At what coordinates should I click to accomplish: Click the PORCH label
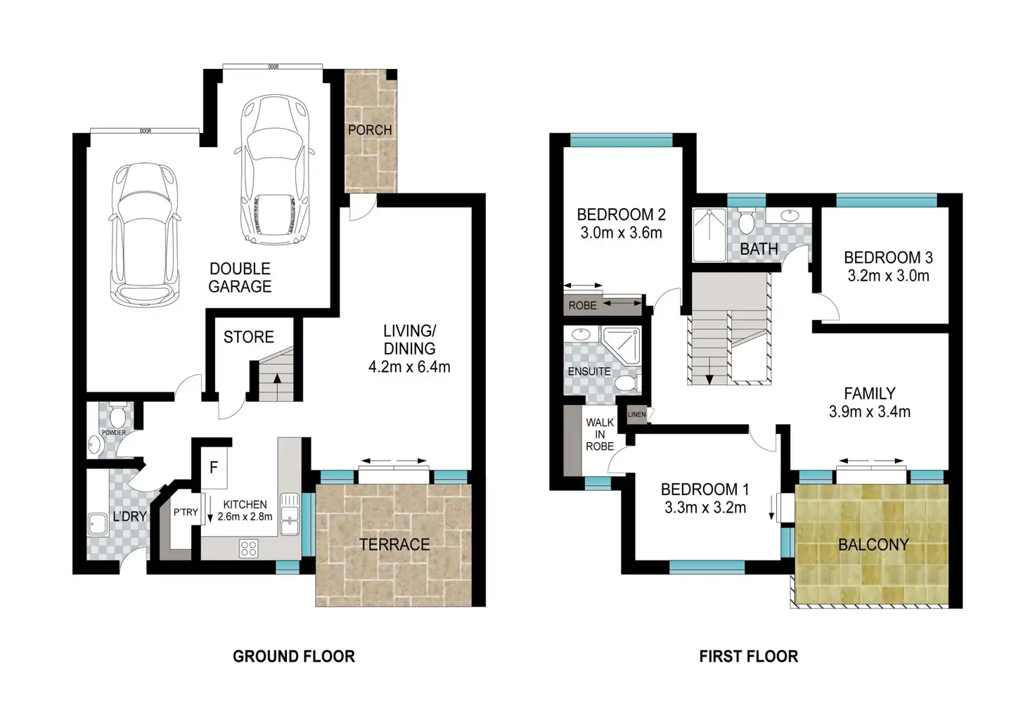tap(370, 130)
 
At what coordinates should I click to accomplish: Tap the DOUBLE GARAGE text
tap(240, 278)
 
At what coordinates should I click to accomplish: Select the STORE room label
tap(248, 338)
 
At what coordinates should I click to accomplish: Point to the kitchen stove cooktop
tap(249, 548)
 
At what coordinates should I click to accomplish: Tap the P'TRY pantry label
tap(186, 512)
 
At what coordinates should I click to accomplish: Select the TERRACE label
tap(394, 544)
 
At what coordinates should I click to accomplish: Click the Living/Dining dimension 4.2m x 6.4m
tap(409, 366)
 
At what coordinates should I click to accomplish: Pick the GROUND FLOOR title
tap(294, 657)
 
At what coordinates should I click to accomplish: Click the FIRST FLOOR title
tap(748, 657)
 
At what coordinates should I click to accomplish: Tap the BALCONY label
tap(873, 544)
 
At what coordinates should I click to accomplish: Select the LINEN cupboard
tap(636, 415)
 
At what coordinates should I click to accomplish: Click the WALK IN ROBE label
tap(600, 434)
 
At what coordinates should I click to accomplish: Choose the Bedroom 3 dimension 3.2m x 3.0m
tap(888, 276)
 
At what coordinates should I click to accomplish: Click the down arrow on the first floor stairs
tap(709, 379)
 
